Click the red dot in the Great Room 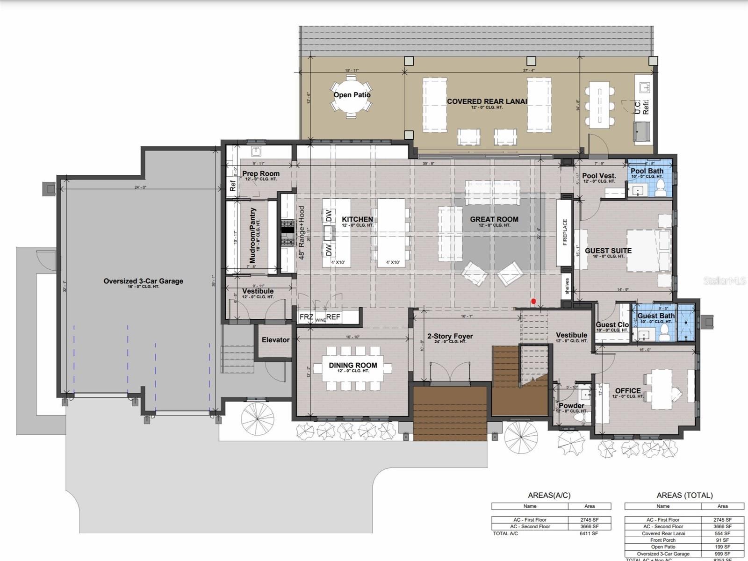[x=533, y=302]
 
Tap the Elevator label [x=275, y=340]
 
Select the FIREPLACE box [x=564, y=232]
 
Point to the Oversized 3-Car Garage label [x=143, y=281]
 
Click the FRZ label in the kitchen [x=306, y=317]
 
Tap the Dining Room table [x=353, y=368]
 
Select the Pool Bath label [x=647, y=171]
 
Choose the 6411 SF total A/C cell [x=589, y=533]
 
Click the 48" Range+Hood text [x=302, y=233]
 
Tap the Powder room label [x=571, y=406]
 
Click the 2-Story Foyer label [x=450, y=336]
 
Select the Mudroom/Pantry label [x=253, y=230]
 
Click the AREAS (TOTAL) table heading [x=684, y=496]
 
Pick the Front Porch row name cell [x=662, y=540]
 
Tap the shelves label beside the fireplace [x=567, y=286]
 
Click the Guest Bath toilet [x=663, y=332]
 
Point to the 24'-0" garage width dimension [x=141, y=187]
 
